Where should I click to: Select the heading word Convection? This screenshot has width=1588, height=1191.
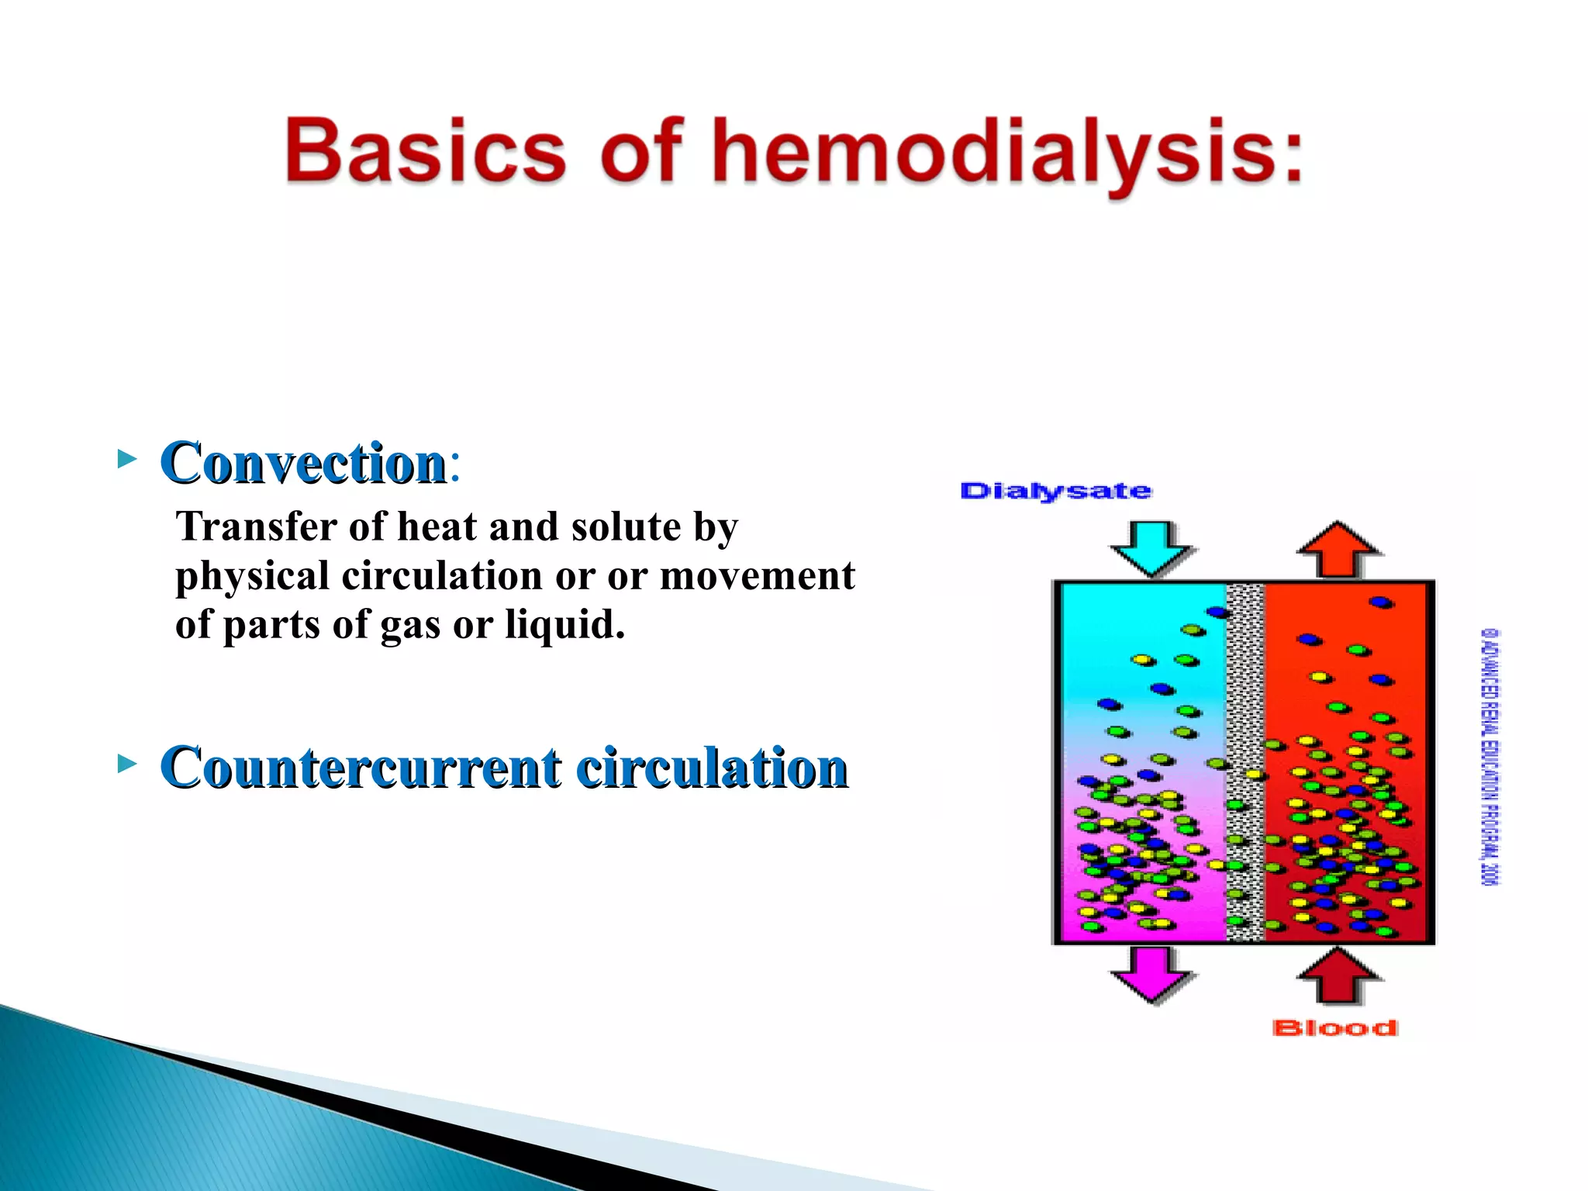[303, 463]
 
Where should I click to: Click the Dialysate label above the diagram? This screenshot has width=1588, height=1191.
[1055, 492]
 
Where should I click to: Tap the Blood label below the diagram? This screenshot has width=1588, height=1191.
[1334, 1028]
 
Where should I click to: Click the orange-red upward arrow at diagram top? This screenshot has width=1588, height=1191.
[1339, 549]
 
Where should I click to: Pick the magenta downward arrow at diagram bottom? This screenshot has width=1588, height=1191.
[1151, 974]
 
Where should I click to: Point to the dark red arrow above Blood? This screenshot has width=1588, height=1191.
[1339, 975]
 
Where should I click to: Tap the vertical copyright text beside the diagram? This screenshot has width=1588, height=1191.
[1490, 756]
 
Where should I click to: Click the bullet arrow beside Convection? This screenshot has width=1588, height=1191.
[126, 459]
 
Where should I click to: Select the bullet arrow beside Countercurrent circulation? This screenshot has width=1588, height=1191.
[126, 764]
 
